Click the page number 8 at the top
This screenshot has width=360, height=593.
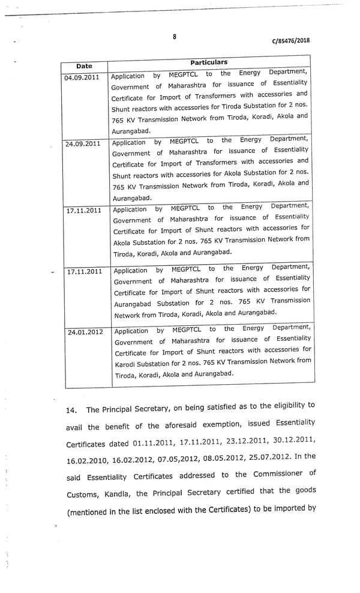[x=175, y=37]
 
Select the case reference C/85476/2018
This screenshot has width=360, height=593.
[x=291, y=41]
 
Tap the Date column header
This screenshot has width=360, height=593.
[x=84, y=66]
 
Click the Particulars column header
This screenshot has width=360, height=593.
[x=209, y=62]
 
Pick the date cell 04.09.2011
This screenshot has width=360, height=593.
[x=82, y=78]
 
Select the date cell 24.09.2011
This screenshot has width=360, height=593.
[x=83, y=144]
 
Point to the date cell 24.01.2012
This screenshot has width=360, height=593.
[x=85, y=332]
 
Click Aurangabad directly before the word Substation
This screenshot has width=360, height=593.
[x=135, y=304]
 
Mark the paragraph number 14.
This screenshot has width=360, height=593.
[x=72, y=411]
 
